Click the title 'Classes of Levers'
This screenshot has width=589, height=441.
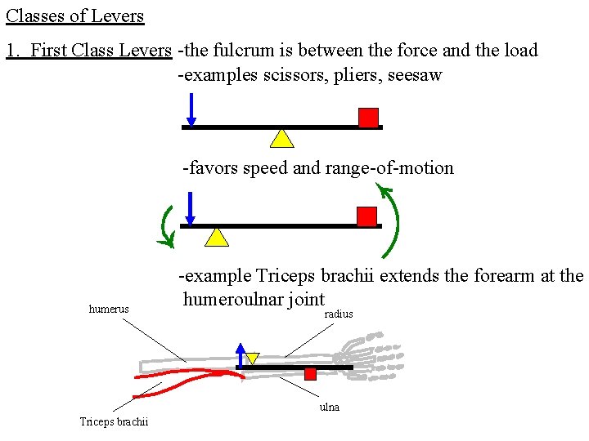[75, 16]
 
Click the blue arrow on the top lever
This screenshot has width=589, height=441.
[190, 110]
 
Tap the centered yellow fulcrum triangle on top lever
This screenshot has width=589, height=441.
[282, 137]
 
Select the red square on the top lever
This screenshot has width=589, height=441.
[369, 118]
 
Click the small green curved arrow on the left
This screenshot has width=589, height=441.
[167, 226]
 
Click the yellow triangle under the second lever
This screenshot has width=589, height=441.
[216, 237]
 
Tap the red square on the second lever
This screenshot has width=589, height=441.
[367, 216]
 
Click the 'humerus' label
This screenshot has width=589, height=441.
[109, 310]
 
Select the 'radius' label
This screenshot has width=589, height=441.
[339, 314]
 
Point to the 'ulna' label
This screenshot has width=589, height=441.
[330, 407]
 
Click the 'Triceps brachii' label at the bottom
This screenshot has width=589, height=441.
[114, 422]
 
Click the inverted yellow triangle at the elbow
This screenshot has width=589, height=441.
[253, 358]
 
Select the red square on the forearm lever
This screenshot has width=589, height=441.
[310, 374]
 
